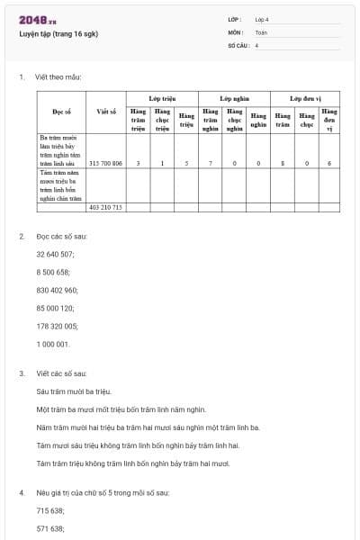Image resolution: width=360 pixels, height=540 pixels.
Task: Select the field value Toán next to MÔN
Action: tap(261, 31)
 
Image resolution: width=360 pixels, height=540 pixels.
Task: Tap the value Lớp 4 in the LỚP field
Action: tap(262, 19)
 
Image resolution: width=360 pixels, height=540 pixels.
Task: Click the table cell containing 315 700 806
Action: tap(106, 163)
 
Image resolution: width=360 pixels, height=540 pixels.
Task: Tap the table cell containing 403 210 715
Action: tap(106, 207)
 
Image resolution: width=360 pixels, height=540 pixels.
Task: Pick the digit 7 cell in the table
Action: tap(210, 163)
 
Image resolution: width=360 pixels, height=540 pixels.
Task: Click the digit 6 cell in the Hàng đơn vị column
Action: tap(329, 163)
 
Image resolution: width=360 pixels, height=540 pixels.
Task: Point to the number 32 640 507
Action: tap(55, 254)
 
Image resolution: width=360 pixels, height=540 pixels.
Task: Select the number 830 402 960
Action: tap(57, 290)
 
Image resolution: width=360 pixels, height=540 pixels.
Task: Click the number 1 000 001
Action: tap(52, 343)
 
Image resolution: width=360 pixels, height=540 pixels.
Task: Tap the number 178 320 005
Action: tap(57, 326)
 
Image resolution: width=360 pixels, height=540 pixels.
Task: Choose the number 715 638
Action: tap(49, 509)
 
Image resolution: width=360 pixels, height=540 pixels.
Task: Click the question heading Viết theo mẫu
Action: tap(58, 77)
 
